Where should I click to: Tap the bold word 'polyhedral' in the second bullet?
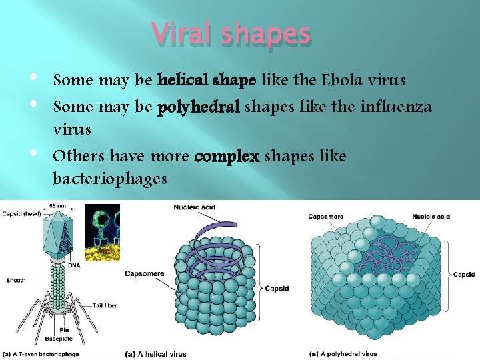point(199,107)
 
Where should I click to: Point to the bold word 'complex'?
point(227,157)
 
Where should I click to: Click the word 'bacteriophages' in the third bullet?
point(110,179)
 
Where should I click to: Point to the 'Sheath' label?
point(16,280)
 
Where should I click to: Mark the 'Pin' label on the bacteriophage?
point(65,330)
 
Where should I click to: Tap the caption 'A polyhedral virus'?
point(343,353)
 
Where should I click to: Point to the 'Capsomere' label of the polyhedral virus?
point(327,216)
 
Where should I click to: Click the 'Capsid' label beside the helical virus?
point(277,289)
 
